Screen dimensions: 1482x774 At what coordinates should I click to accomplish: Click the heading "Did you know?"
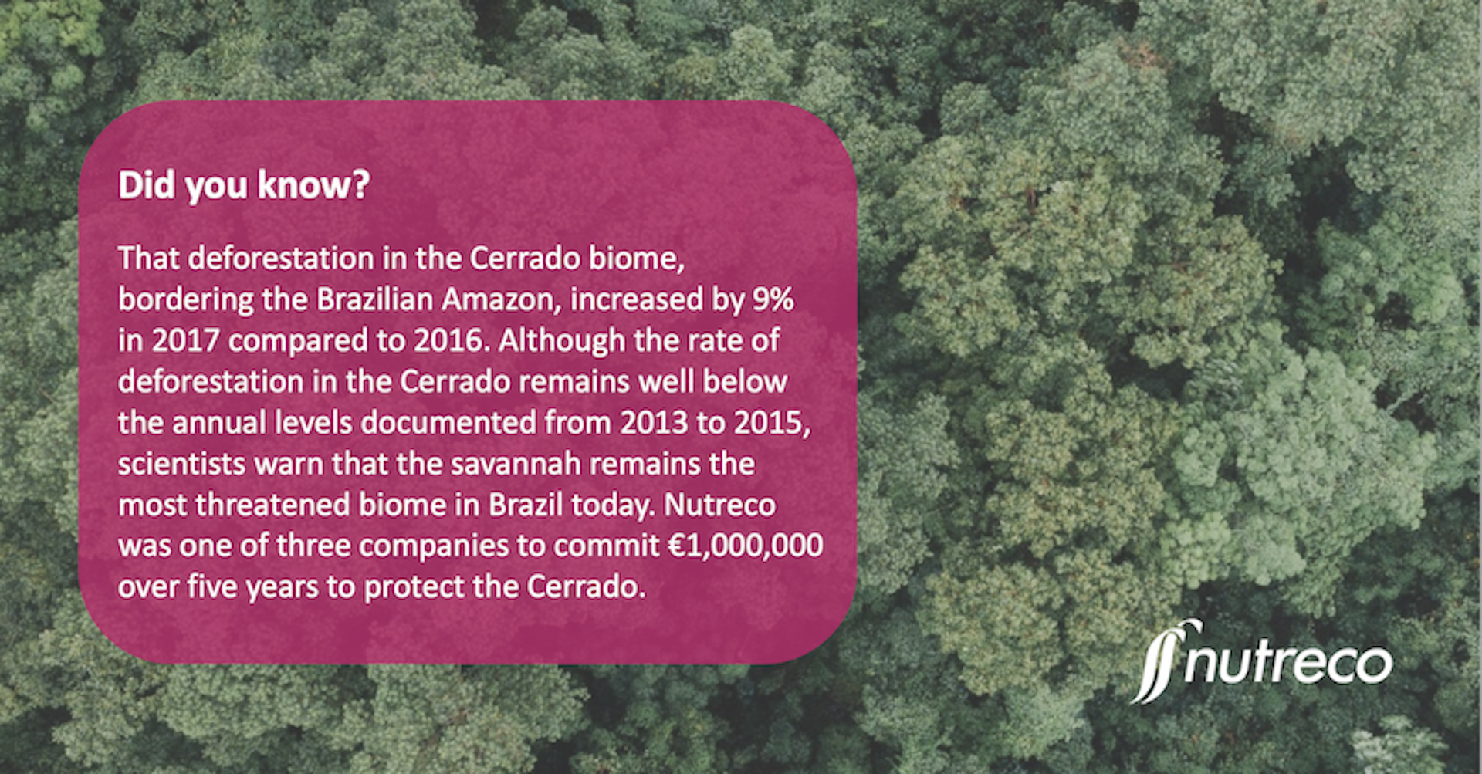click(x=244, y=186)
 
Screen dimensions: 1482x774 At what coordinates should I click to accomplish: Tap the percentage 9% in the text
click(x=773, y=299)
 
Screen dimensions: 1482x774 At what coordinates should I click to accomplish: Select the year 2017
click(x=185, y=341)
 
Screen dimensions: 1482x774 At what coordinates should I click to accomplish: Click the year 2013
click(x=655, y=423)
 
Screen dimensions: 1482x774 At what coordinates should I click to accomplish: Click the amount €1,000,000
click(x=746, y=546)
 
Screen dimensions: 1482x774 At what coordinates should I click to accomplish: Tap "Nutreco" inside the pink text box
click(x=719, y=505)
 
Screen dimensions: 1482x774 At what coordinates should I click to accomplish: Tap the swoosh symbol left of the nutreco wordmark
click(x=1155, y=661)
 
